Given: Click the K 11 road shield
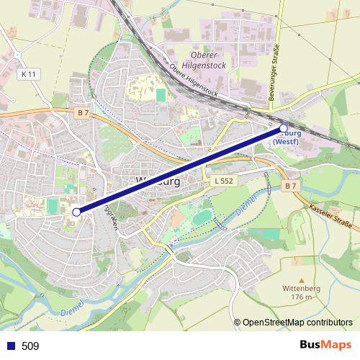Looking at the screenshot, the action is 28,74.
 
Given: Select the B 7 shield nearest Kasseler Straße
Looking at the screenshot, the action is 290,186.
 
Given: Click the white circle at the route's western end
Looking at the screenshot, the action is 76,212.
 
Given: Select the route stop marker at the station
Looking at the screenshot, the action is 283,128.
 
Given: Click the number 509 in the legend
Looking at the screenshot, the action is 30,346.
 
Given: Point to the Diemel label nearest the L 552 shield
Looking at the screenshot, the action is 245,202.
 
